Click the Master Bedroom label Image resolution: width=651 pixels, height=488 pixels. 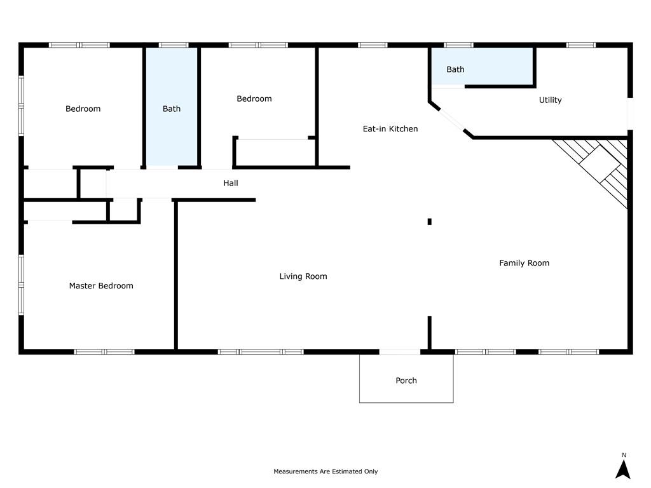click(101, 285)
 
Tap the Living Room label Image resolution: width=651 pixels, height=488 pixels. click(303, 276)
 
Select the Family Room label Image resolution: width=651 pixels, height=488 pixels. click(524, 262)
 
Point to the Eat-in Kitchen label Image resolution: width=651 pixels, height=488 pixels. click(390, 128)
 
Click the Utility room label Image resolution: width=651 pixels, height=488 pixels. click(550, 100)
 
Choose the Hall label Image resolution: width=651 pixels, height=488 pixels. click(230, 183)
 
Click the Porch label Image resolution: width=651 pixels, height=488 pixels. click(406, 381)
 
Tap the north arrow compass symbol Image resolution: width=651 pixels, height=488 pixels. click(623, 468)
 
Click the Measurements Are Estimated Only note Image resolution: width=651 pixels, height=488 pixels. click(325, 471)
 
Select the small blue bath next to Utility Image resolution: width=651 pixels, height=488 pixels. click(483, 66)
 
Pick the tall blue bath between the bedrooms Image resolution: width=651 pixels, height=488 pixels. click(172, 107)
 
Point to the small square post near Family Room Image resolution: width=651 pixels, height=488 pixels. click(430, 222)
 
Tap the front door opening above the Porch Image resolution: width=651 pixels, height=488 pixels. click(400, 352)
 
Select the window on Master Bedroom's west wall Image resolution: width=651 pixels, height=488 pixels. click(21, 285)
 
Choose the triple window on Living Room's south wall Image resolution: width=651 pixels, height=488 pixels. click(261, 352)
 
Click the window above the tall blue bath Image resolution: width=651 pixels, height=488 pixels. click(174, 45)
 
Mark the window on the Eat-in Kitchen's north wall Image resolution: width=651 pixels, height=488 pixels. click(373, 45)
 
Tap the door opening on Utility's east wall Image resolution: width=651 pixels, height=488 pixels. click(630, 114)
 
